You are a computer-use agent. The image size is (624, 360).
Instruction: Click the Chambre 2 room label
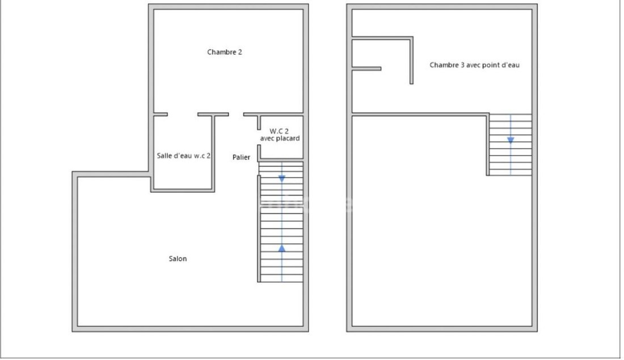pyautogui.click(x=225, y=52)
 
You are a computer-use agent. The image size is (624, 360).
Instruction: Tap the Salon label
pyautogui.click(x=178, y=259)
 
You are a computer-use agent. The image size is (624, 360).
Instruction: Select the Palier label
pyautogui.click(x=241, y=157)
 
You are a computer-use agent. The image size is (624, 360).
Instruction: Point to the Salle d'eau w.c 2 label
pyautogui.click(x=183, y=155)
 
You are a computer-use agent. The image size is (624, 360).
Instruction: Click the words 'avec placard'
pyautogui.click(x=280, y=138)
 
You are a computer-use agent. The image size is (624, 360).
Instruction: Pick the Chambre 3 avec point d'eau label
pyautogui.click(x=474, y=65)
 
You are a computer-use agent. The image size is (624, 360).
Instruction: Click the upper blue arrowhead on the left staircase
pyautogui.click(x=282, y=179)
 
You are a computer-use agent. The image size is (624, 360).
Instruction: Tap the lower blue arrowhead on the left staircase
pyautogui.click(x=282, y=249)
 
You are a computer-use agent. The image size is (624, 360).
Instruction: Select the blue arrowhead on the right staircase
pyautogui.click(x=511, y=140)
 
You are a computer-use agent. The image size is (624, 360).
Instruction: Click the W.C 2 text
pyautogui.click(x=279, y=131)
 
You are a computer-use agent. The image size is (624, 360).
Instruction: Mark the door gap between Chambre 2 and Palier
pyautogui.click(x=236, y=115)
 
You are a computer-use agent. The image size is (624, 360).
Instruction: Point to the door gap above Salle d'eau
pyautogui.click(x=183, y=115)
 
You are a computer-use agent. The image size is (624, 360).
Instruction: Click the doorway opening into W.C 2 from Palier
pyautogui.click(x=259, y=137)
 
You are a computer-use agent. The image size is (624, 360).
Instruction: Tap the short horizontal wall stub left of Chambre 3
pyautogui.click(x=366, y=69)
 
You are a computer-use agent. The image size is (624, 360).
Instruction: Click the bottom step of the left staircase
pyautogui.click(x=282, y=278)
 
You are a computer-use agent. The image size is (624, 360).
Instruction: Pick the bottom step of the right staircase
pyautogui.click(x=511, y=172)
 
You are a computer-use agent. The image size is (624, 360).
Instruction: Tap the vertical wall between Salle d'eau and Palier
pyautogui.click(x=213, y=153)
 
